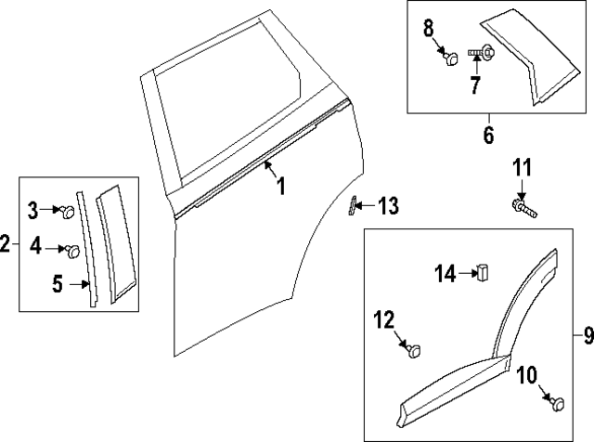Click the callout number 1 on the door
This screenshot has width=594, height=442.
click(x=280, y=187)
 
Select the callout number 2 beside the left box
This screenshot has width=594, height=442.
click(x=6, y=245)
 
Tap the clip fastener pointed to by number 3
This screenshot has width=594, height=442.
click(x=68, y=212)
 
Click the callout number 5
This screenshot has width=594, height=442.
click(x=57, y=285)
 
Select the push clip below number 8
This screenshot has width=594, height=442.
click(x=451, y=59)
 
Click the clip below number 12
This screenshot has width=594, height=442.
click(x=413, y=350)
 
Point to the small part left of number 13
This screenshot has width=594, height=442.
click(x=354, y=206)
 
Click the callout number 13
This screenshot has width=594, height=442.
click(x=388, y=206)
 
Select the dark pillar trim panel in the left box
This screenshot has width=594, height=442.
click(x=117, y=243)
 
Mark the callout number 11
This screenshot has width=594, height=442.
click(x=523, y=168)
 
